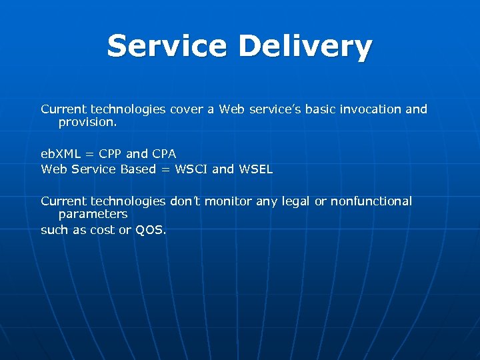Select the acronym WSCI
click(x=191, y=169)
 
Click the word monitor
click(x=234, y=201)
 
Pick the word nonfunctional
click(x=371, y=201)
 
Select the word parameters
click(x=93, y=215)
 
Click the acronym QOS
click(x=151, y=230)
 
